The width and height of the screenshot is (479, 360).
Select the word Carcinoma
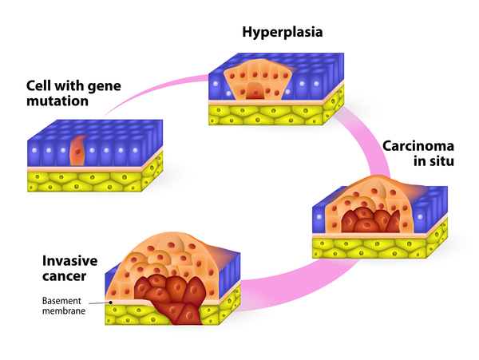tap(418, 145)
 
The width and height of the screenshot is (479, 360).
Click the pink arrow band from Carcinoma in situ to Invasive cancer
tap(279, 275)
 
